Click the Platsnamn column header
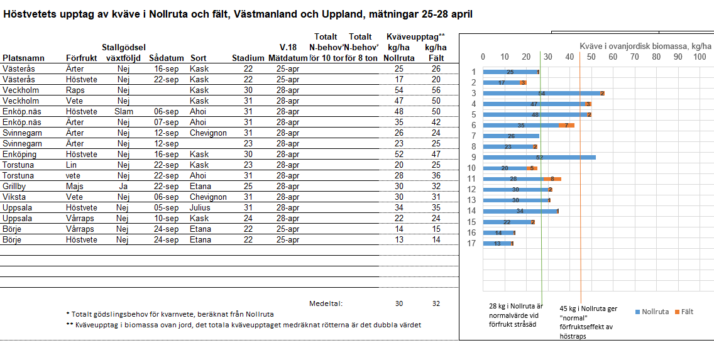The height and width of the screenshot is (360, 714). coord(23,58)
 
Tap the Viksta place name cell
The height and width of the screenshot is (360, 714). coord(14,197)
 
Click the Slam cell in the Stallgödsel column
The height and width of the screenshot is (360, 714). coord(124,112)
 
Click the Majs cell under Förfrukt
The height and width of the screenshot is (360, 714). coord(75,187)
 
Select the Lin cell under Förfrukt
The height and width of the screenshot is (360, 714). coord(72,165)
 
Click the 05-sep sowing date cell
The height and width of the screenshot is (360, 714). coord(163,208)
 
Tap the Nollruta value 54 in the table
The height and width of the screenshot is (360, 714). coord(398,90)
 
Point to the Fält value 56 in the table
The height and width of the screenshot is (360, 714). coord(436,90)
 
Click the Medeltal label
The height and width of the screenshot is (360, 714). coord(326,304)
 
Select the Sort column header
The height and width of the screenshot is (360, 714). coord(199,58)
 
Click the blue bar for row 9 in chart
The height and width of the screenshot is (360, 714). coord(539,157)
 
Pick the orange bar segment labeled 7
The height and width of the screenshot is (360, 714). coord(567,125)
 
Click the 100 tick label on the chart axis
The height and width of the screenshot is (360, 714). coord(699,57)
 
